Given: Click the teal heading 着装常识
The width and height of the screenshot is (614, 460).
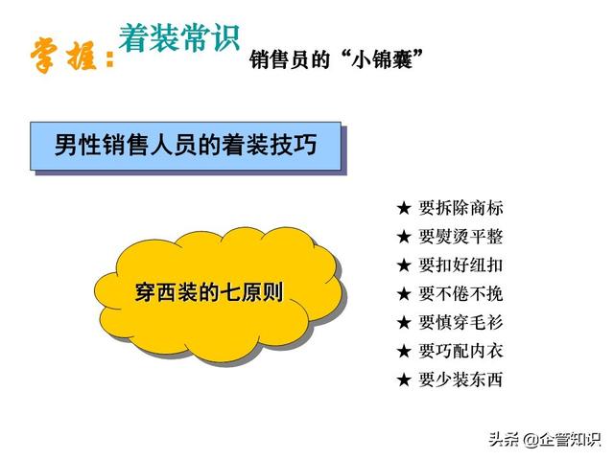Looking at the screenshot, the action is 179,38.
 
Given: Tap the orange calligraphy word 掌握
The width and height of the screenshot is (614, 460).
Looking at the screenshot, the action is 64,56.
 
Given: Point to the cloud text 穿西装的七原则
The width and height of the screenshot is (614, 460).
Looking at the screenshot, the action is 209,292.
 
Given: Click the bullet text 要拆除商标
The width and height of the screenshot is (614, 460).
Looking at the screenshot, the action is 460,208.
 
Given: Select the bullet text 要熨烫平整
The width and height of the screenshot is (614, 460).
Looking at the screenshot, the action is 460,237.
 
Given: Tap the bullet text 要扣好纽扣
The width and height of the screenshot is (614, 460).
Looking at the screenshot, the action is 460,265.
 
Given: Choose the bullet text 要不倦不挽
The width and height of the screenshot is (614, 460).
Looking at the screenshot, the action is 460,294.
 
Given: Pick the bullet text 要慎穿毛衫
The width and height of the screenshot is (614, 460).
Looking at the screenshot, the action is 460,322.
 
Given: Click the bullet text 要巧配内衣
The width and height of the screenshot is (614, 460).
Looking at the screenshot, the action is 460,351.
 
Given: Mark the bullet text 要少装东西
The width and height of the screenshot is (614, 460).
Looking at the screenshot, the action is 460,379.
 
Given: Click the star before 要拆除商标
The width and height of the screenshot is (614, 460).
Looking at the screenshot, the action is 404,208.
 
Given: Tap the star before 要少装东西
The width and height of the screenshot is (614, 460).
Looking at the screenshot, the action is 404,379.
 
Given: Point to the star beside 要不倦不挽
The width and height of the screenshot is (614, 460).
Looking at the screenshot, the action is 404,294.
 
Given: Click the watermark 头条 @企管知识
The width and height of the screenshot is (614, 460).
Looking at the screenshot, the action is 545,440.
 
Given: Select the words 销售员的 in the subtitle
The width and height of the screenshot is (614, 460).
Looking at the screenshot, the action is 290,59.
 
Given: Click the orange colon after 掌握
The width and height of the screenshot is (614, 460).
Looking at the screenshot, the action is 110,59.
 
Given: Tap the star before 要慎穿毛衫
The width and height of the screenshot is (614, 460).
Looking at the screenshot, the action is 404,323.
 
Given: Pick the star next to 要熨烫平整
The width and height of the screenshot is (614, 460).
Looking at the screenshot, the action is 404,237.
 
